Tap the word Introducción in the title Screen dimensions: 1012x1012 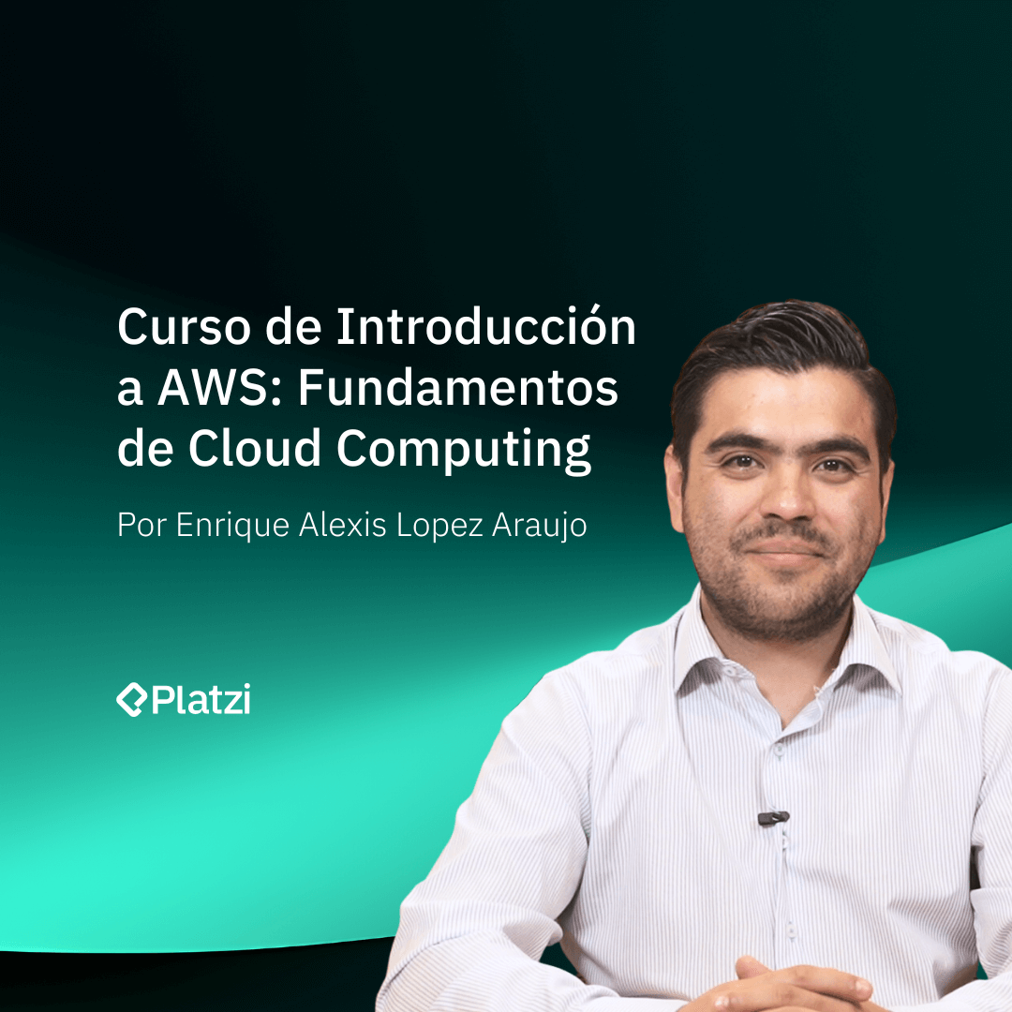pyautogui.click(x=486, y=328)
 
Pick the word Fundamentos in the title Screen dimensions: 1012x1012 pyautogui.click(x=458, y=389)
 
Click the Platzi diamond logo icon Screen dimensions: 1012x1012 pyautogui.click(x=131, y=700)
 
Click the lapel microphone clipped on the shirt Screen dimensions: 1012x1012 pyautogui.click(x=773, y=818)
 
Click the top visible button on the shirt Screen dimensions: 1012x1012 pyautogui.click(x=777, y=750)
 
